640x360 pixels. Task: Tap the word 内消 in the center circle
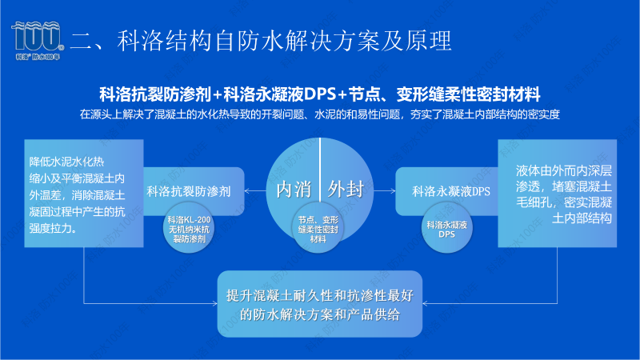294,190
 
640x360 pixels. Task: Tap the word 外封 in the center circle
346,190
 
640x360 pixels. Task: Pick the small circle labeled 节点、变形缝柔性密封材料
320,229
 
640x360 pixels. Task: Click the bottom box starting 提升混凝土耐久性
320,303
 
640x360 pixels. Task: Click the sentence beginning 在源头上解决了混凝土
320,114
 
